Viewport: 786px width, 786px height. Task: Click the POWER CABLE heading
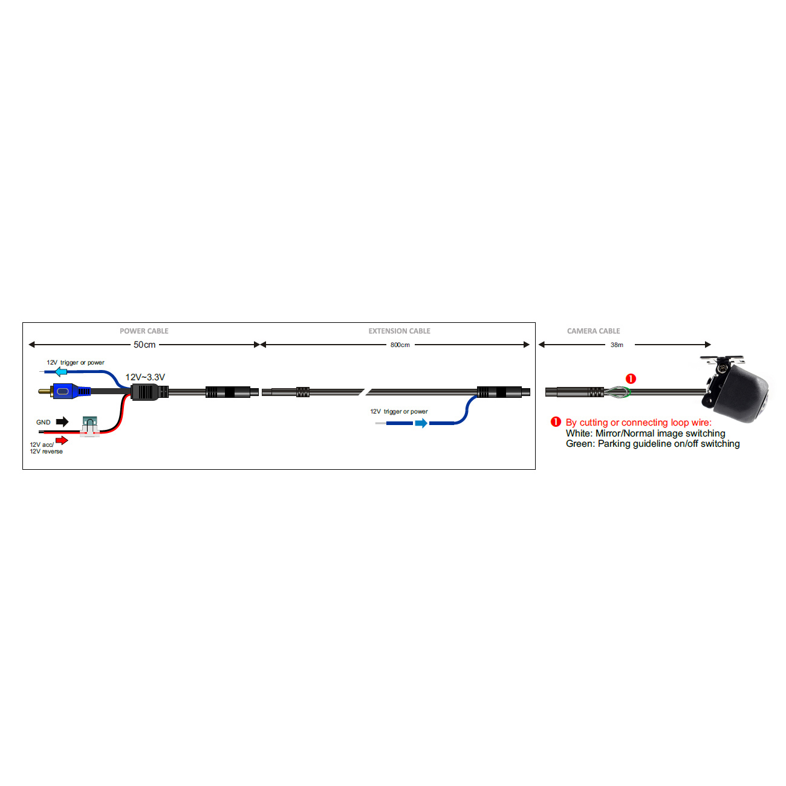coord(144,331)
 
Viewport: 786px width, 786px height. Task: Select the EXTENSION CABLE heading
coord(399,331)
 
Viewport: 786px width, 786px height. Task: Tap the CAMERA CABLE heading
coord(593,331)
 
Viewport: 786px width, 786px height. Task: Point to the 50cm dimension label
coord(145,345)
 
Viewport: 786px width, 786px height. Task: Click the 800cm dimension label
coord(400,345)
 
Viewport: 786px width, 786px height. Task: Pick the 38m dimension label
coord(617,345)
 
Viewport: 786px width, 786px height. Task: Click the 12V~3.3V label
coord(145,377)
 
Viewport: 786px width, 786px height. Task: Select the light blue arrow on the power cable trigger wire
coord(60,371)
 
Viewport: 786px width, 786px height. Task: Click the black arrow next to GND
coord(62,421)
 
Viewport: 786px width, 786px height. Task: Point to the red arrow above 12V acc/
coord(62,440)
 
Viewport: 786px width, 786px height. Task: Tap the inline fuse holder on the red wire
coord(89,426)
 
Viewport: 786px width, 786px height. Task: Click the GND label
coord(44,422)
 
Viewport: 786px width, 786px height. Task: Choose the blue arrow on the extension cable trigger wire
coord(421,423)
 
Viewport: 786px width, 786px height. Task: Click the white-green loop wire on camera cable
coord(617,392)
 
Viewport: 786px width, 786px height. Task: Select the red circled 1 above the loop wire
coord(631,378)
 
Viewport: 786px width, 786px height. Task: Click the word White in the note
coord(579,434)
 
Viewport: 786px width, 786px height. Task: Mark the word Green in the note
coord(579,444)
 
